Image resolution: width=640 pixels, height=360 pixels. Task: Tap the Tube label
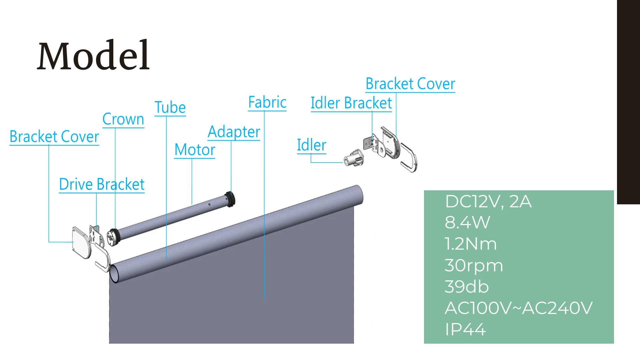[170, 107]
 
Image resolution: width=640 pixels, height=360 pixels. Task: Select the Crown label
[123, 119]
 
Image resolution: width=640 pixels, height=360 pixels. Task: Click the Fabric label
[267, 102]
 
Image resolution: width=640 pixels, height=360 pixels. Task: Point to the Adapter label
[234, 132]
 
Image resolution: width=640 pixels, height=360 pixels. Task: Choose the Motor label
[195, 150]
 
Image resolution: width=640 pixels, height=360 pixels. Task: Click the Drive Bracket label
[102, 184]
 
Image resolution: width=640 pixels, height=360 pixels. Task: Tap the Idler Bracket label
[351, 103]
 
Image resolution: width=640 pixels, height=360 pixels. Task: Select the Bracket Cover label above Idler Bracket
[410, 84]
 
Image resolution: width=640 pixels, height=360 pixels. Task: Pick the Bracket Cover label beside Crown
[54, 137]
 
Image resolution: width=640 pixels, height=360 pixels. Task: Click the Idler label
[311, 145]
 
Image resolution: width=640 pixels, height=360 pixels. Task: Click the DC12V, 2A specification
[488, 202]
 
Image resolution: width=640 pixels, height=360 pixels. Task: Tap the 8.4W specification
[467, 222]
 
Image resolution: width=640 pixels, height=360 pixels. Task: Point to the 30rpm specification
[474, 266]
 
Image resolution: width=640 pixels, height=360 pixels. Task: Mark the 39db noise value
[467, 287]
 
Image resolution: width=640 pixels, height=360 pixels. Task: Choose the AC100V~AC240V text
[519, 308]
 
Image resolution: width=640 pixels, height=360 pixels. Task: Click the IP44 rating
[465, 329]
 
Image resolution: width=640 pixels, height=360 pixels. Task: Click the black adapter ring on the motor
[230, 199]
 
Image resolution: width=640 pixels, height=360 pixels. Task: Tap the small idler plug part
[354, 158]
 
